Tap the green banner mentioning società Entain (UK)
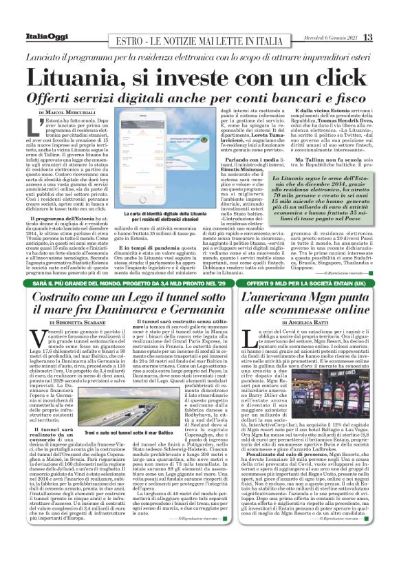pyautogui.click(x=312, y=282)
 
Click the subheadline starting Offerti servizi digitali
pyautogui.click(x=199, y=96)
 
